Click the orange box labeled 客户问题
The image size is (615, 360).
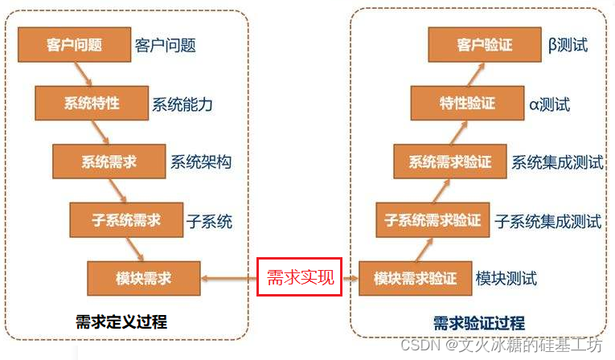click(x=72, y=45)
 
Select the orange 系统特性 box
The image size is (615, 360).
click(x=92, y=104)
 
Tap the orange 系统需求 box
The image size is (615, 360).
click(x=108, y=162)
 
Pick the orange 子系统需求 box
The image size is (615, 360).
click(x=125, y=219)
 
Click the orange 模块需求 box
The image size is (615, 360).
click(x=142, y=278)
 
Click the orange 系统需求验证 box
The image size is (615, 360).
click(x=449, y=162)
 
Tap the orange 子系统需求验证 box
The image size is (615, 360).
click(x=433, y=219)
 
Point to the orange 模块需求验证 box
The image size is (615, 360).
click(x=415, y=278)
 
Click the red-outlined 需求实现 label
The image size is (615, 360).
click(x=299, y=278)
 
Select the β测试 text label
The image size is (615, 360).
click(x=568, y=45)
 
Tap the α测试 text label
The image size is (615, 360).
click(x=550, y=104)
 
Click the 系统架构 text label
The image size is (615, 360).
click(x=201, y=162)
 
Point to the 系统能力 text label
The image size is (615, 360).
click(x=182, y=104)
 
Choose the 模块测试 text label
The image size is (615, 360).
click(x=506, y=279)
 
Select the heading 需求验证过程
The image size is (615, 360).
click(x=479, y=323)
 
